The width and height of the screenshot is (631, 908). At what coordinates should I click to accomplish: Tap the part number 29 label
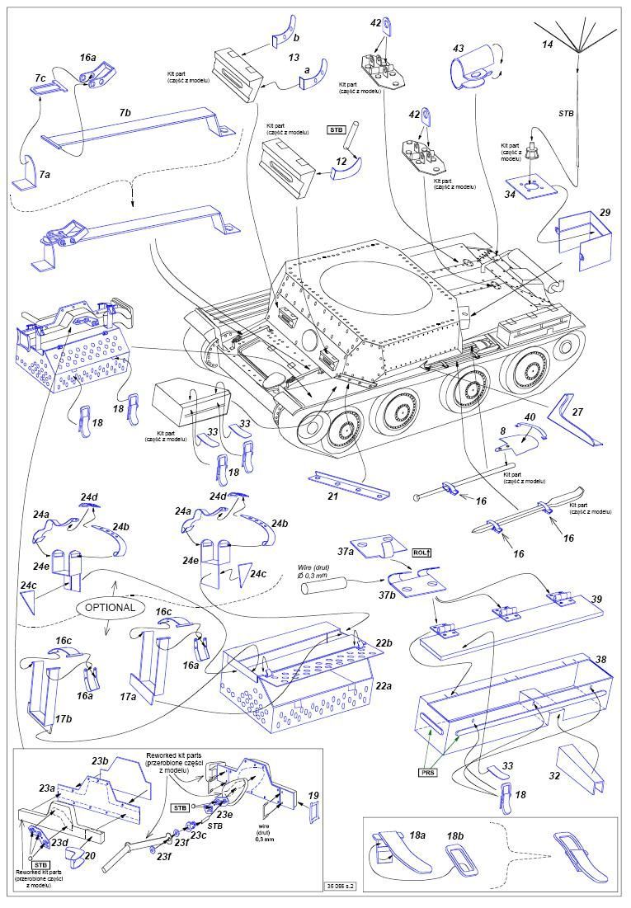point(605,213)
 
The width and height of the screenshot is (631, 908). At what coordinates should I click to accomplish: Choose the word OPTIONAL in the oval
point(109,607)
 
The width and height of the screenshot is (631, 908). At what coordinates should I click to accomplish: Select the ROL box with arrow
point(422,553)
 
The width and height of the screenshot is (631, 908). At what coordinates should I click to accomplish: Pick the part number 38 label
point(600,661)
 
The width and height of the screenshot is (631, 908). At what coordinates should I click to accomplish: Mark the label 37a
point(345,551)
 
